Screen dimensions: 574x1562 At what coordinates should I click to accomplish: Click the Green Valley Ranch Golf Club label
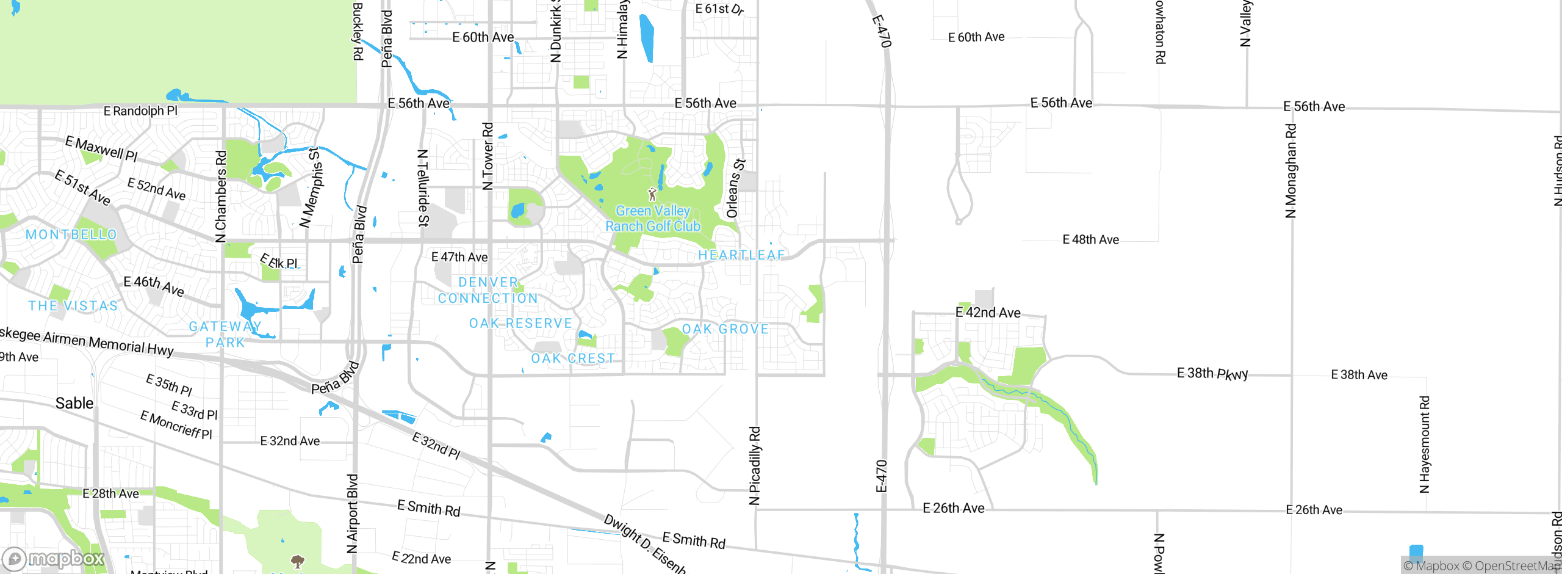tap(652, 219)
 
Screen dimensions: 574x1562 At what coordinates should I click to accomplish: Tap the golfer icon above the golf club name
tap(652, 194)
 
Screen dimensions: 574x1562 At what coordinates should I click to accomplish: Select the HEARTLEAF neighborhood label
tap(741, 255)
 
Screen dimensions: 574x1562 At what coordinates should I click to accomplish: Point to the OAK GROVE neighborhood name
tap(725, 329)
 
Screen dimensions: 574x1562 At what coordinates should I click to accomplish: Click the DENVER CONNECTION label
tap(488, 291)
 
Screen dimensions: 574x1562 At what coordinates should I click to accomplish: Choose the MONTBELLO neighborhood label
tap(71, 234)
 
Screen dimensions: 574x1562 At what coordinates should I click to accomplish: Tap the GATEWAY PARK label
tap(225, 335)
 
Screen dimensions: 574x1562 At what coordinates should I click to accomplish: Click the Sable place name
tap(74, 403)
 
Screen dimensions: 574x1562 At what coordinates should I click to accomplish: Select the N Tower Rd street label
tap(488, 156)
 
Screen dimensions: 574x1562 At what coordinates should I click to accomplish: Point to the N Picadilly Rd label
tap(755, 465)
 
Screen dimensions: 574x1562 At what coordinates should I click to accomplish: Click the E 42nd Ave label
tap(988, 313)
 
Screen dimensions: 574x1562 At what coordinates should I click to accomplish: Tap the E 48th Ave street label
tap(1090, 239)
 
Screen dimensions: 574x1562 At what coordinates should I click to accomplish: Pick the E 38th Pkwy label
tap(1212, 373)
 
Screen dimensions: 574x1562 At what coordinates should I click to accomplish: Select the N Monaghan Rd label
tap(1290, 171)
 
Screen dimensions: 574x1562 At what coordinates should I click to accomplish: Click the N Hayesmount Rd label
tap(1425, 445)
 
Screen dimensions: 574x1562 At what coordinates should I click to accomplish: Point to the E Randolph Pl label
tap(140, 111)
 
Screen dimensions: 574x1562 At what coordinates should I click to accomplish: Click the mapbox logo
tap(54, 559)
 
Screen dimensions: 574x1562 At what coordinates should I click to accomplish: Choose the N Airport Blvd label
tap(352, 514)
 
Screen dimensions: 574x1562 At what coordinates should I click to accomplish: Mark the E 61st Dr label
tap(719, 9)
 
